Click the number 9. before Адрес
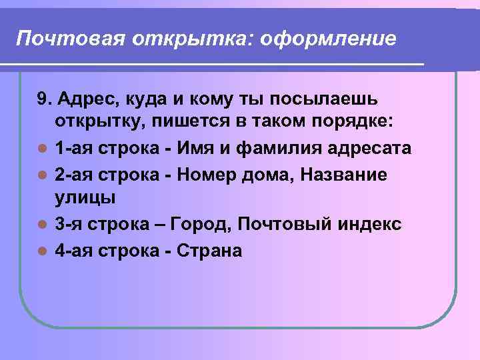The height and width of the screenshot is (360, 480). [45, 100]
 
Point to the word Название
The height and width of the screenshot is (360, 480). [345, 173]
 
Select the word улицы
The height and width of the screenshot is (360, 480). [85, 198]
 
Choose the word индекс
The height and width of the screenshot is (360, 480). [365, 224]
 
